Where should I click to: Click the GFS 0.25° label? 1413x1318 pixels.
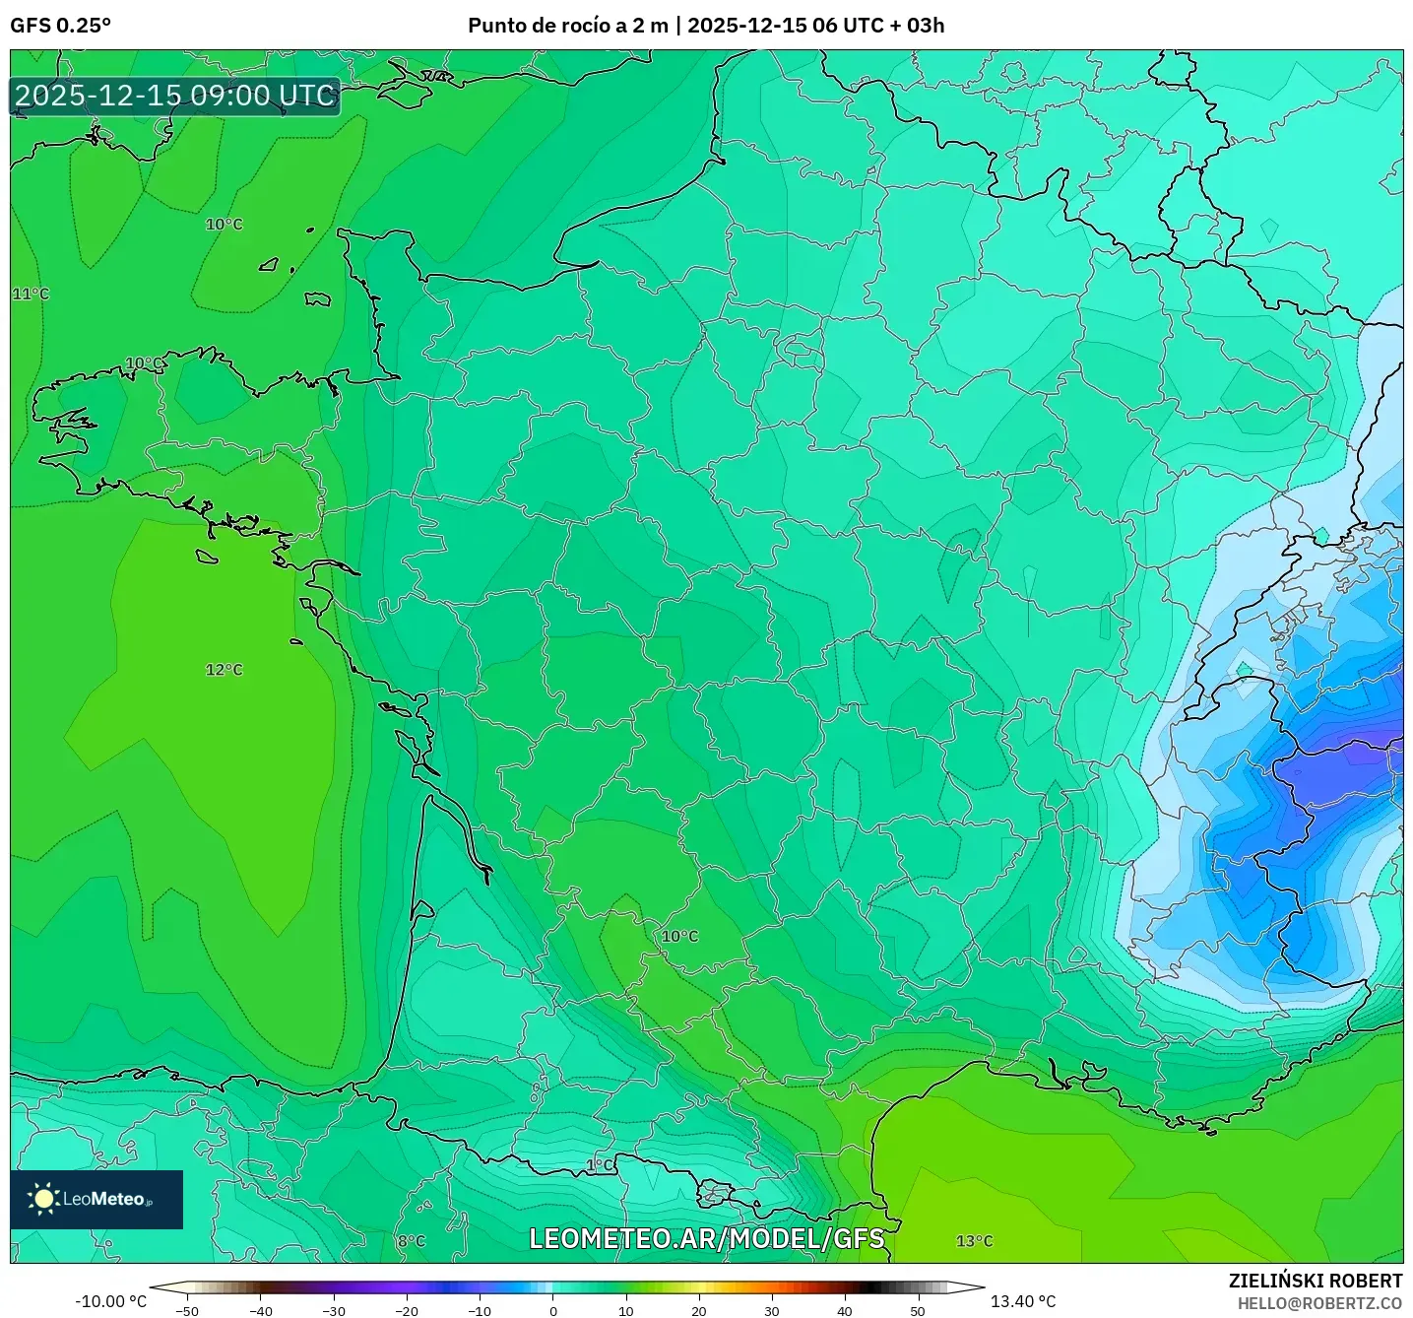point(60,26)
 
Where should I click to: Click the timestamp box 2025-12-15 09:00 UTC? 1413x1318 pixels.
point(175,96)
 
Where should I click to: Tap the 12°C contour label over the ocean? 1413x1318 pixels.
point(224,670)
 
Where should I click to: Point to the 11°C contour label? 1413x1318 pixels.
point(31,294)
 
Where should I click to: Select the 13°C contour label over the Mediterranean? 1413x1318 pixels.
point(974,1241)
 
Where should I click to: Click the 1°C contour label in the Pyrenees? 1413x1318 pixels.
point(600,1165)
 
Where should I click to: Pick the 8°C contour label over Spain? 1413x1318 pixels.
point(411,1241)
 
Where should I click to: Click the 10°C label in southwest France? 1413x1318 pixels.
point(679,936)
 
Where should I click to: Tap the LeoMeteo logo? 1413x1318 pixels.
point(96,1199)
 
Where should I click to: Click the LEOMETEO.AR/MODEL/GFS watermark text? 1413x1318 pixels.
point(706,1238)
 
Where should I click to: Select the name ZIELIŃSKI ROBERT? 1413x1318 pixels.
point(1315,1281)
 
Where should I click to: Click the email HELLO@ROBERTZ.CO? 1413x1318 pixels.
point(1319,1303)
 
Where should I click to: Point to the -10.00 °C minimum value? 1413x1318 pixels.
point(110,1301)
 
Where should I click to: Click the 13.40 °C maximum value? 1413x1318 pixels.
point(1022,1301)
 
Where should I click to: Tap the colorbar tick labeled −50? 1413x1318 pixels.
point(187,1311)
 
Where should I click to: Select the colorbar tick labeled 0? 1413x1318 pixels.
point(552,1311)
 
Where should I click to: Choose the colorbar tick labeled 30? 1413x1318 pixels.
point(771,1311)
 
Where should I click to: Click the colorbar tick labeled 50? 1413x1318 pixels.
point(917,1311)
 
